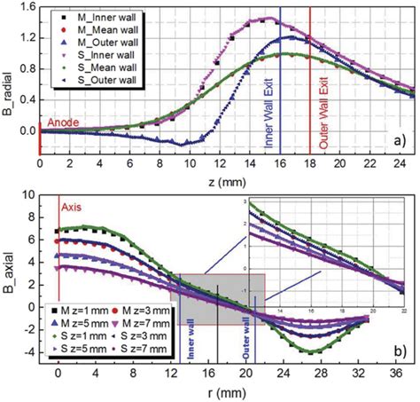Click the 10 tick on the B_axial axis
(27, 194)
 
